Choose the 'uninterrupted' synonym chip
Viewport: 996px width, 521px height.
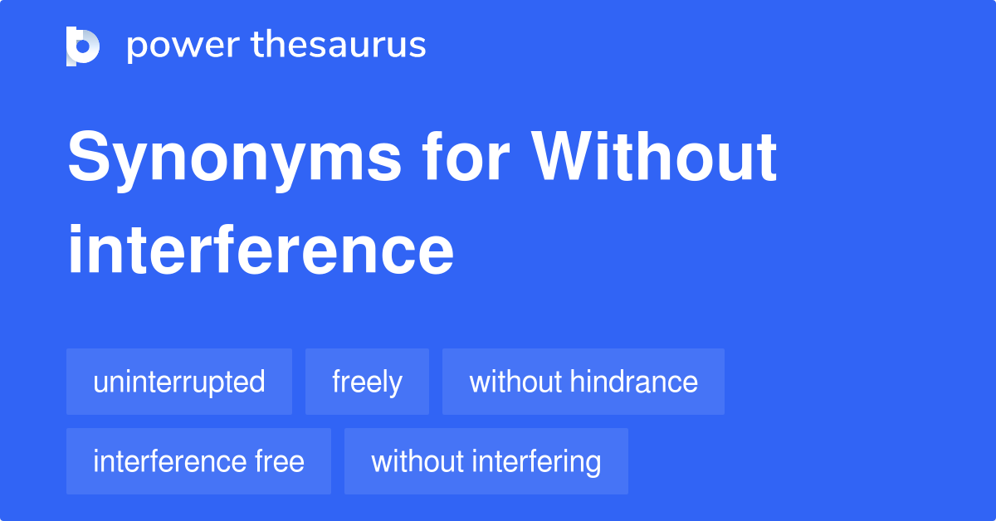(x=179, y=382)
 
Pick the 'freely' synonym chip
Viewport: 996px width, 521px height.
(x=367, y=382)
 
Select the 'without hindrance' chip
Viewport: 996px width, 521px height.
(x=583, y=382)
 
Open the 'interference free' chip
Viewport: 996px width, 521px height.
(x=198, y=461)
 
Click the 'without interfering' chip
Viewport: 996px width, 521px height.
(x=486, y=461)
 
